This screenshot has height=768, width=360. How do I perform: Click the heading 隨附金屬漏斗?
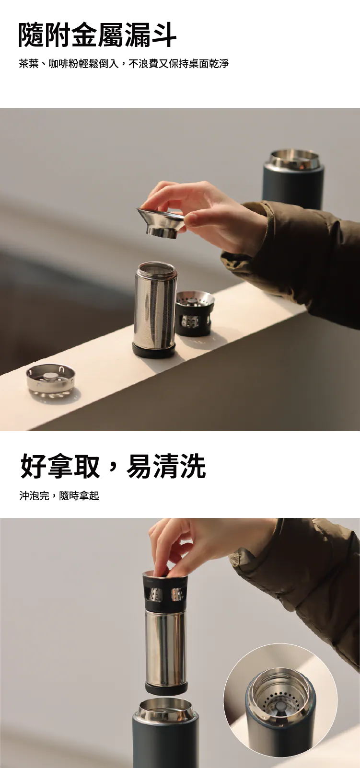pos(97,34)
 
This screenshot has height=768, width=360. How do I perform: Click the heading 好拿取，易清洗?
pos(113,466)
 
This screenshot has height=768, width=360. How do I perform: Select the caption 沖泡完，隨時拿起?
pos(59,496)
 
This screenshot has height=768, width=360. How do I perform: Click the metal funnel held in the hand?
pos(161,222)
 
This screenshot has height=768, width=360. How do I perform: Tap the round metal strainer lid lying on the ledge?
pos(50,378)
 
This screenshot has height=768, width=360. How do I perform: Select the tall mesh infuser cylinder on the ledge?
pos(155,309)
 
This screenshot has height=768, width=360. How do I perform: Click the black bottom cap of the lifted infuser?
pos(166,688)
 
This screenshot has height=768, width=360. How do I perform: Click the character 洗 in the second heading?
pos(193,466)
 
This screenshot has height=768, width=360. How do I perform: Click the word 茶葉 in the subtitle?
pos(29,64)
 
